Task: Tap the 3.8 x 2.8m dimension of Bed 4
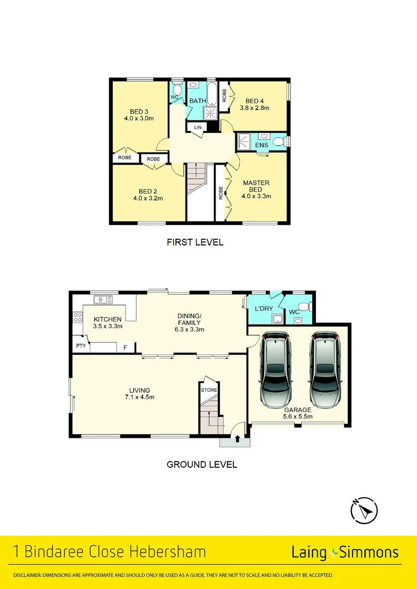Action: coord(255,108)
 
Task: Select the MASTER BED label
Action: coord(256,186)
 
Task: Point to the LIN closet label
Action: coord(196,128)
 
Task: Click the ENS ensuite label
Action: coord(261,145)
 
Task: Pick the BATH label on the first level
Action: coord(197,101)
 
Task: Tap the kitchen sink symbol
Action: coord(103,299)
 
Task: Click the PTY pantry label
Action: coord(81,346)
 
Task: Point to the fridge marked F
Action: coord(125,347)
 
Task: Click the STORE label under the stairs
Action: coord(208,390)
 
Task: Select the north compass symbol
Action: coord(364,510)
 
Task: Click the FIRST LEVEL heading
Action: coord(195,242)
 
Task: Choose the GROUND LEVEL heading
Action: coord(201,465)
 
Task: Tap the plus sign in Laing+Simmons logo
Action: coord(334,553)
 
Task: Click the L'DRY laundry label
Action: coord(264,309)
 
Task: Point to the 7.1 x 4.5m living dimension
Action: coord(140,397)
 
